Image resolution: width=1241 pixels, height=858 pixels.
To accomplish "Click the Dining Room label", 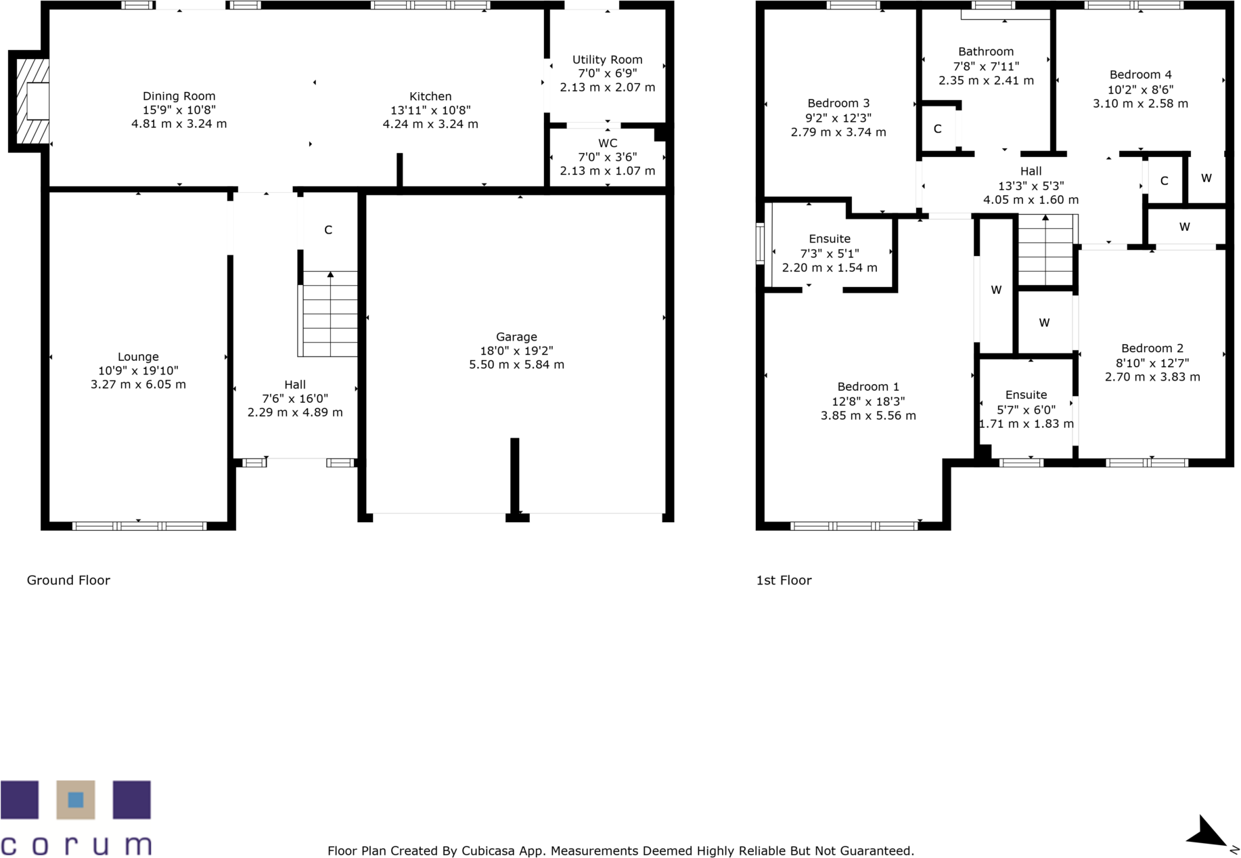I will (179, 96).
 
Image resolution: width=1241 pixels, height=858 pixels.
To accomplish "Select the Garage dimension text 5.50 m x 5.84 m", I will (516, 364).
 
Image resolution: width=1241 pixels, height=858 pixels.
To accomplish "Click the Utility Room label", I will (607, 60).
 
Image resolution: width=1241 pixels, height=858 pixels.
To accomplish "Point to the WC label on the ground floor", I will (607, 143).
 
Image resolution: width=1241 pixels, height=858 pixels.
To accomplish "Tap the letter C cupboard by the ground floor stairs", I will (328, 230).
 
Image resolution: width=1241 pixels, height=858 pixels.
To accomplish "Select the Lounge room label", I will (138, 357).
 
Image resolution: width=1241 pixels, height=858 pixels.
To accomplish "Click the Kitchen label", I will (430, 96).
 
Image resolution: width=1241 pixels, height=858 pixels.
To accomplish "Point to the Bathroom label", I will (985, 51).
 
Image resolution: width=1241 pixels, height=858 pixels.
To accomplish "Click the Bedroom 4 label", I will (1140, 74).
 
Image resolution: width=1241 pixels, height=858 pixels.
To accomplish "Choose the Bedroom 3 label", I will (838, 103).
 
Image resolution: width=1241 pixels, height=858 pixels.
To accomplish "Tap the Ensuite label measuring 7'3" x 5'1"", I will (830, 238).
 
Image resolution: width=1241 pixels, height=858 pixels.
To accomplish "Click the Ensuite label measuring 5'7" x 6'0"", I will (1026, 395).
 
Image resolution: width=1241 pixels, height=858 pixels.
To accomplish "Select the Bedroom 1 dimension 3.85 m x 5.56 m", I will (868, 416).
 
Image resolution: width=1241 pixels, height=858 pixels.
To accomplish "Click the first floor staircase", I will (1046, 251).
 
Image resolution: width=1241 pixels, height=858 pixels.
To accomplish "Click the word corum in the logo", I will (76, 845).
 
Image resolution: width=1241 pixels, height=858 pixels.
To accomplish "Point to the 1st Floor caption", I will (784, 580).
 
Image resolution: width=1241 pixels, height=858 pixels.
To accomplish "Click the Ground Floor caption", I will (68, 580).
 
